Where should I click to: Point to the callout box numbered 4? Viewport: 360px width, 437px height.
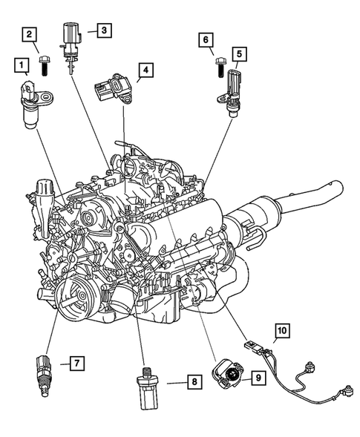146,71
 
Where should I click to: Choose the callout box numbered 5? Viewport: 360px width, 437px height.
238,53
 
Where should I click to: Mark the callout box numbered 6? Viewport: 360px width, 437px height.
206,39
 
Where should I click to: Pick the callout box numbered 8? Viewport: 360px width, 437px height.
192,382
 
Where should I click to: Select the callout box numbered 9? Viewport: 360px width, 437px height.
258,378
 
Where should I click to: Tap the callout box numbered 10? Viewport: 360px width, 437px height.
281,329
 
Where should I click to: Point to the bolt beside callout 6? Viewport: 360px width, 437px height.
220,65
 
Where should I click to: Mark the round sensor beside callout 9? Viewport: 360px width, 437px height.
226,375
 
